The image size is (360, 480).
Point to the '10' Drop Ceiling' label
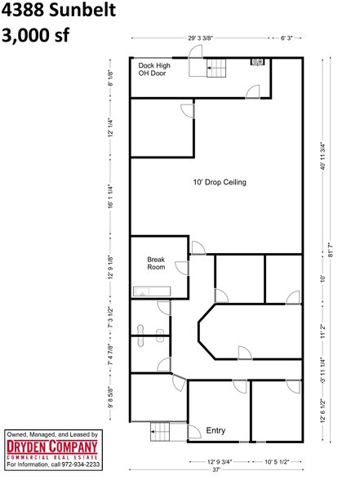(x=219, y=182)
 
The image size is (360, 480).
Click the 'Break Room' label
(x=156, y=264)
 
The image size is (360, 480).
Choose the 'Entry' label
(x=216, y=429)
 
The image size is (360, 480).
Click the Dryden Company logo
(x=52, y=450)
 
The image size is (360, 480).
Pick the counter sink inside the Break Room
(x=150, y=289)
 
